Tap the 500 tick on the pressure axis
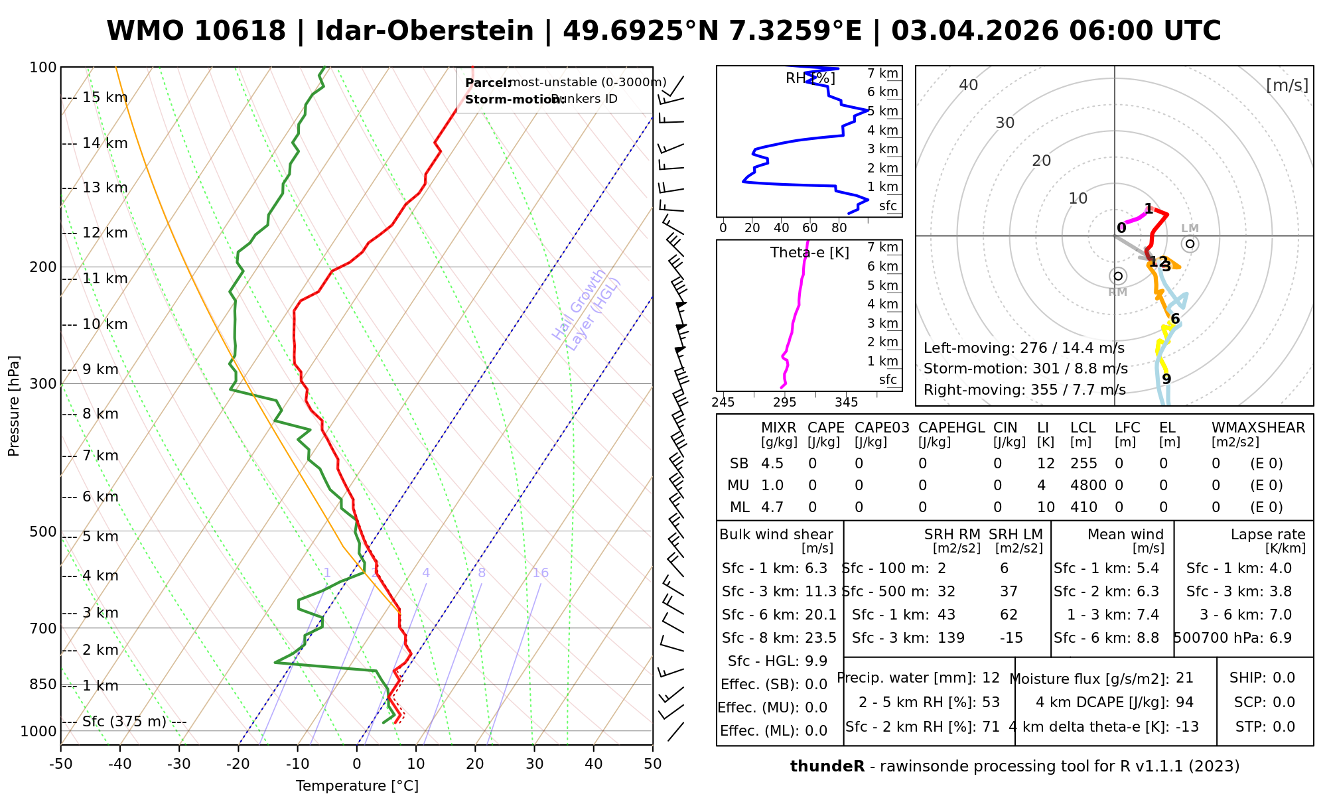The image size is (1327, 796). pos(43,531)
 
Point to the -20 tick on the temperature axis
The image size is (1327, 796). pos(238,764)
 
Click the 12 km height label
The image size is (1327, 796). pos(105,233)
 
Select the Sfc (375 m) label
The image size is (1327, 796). pos(124,722)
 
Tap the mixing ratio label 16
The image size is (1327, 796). pos(540,573)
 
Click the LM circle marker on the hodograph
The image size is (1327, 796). pos(1190,244)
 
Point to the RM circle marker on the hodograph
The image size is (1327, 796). pos(1118,276)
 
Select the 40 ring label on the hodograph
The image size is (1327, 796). pos(969,85)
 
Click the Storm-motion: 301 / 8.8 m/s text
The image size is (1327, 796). pos(1025,369)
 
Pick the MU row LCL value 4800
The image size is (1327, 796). pos(1088,486)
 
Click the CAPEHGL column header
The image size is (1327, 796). pos(951,428)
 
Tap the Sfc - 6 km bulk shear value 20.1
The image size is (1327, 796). pos(821,615)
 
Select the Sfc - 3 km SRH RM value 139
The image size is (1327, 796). pos(951,638)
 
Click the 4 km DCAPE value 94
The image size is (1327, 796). pos(1184,702)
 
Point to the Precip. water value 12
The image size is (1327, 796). pos(991,678)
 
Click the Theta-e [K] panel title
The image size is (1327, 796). pos(809,253)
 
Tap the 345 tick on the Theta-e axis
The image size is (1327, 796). pos(846,403)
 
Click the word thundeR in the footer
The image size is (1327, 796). pos(827,767)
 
